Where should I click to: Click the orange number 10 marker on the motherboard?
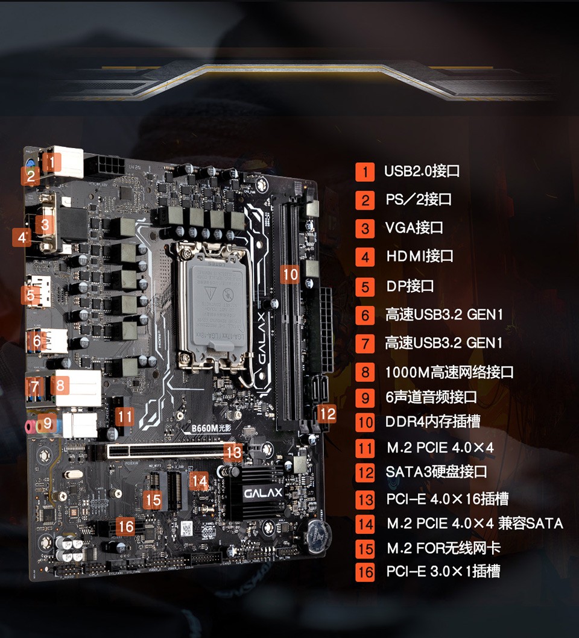pyautogui.click(x=290, y=274)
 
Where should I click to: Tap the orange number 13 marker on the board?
pyautogui.click(x=234, y=452)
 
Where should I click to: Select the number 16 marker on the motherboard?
pyautogui.click(x=125, y=526)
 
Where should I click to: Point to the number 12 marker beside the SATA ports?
pyautogui.click(x=327, y=413)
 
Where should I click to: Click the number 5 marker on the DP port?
pyautogui.click(x=30, y=295)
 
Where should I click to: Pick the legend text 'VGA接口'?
pyautogui.click(x=414, y=228)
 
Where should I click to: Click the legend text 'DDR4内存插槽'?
pyautogui.click(x=433, y=421)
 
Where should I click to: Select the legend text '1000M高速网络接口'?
pyautogui.click(x=449, y=372)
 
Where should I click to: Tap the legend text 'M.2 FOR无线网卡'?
pyautogui.click(x=443, y=548)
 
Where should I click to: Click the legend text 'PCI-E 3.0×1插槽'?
pyautogui.click(x=443, y=571)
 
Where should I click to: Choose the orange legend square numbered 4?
pyautogui.click(x=365, y=257)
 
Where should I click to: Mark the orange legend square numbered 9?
pyautogui.click(x=365, y=398)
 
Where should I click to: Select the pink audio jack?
pyautogui.click(x=28, y=427)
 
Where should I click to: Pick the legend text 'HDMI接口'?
pyautogui.click(x=420, y=257)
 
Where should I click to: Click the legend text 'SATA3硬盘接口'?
pyautogui.click(x=436, y=472)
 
